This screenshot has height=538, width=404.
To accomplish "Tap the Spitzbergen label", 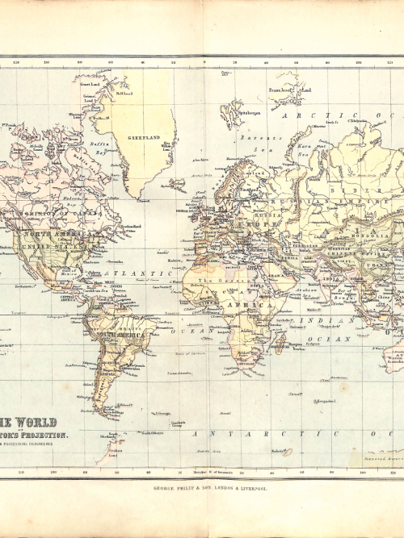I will pos(250,114).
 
